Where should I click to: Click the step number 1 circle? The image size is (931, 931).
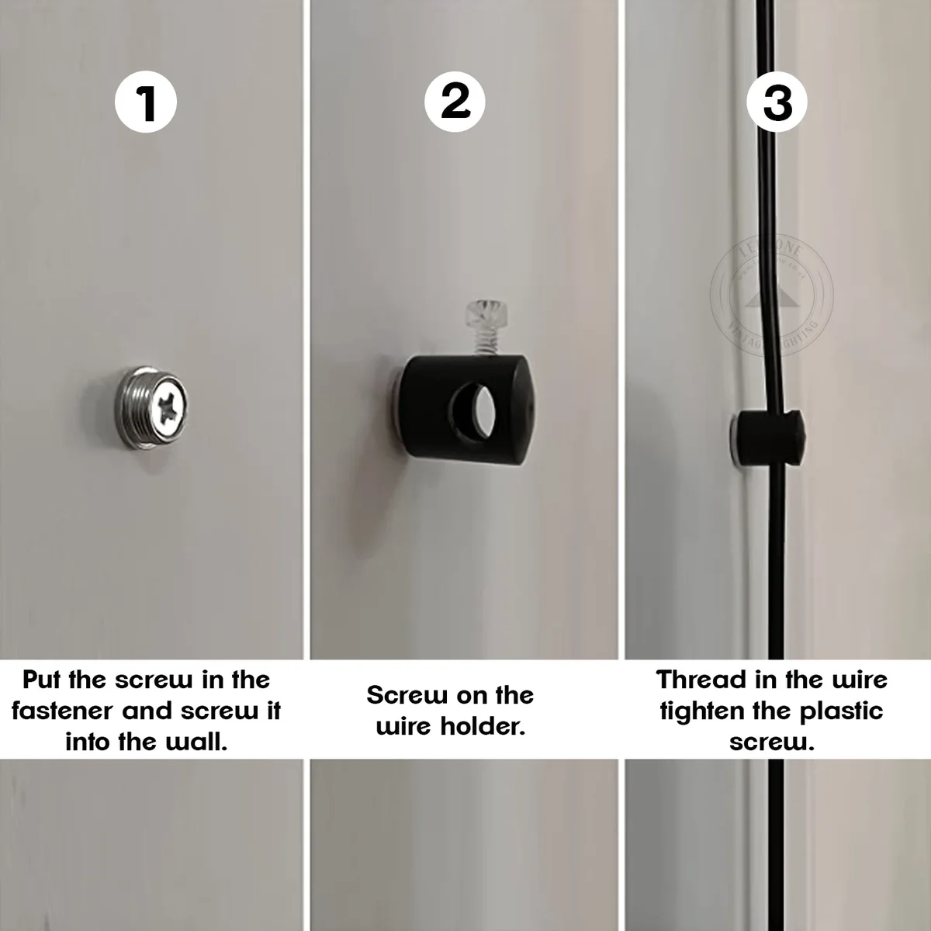click(146, 102)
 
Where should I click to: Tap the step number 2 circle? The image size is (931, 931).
click(455, 102)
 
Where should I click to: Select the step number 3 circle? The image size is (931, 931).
click(777, 102)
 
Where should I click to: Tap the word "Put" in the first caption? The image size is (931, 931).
click(41, 680)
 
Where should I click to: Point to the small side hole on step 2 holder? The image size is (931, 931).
click(528, 404)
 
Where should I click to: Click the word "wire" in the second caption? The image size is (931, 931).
click(404, 726)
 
